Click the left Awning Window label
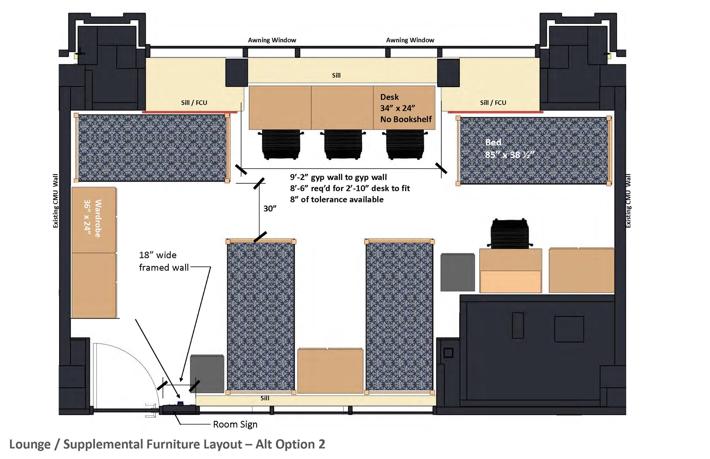point(272,40)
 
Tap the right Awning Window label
point(410,40)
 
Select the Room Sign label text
point(235,424)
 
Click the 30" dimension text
point(270,208)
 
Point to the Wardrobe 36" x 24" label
point(93,218)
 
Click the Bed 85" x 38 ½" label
point(510,148)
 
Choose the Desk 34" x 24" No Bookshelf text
point(406,108)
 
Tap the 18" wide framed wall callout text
point(164,261)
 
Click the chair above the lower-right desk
point(510,233)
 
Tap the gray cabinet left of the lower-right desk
point(458,272)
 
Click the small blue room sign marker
point(180,403)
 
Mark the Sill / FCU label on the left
point(194,103)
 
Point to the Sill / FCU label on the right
point(493,103)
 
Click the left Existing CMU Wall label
point(55,201)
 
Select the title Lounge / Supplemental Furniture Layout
point(125,444)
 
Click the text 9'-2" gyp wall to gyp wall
point(338,177)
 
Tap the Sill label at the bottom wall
point(265,398)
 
